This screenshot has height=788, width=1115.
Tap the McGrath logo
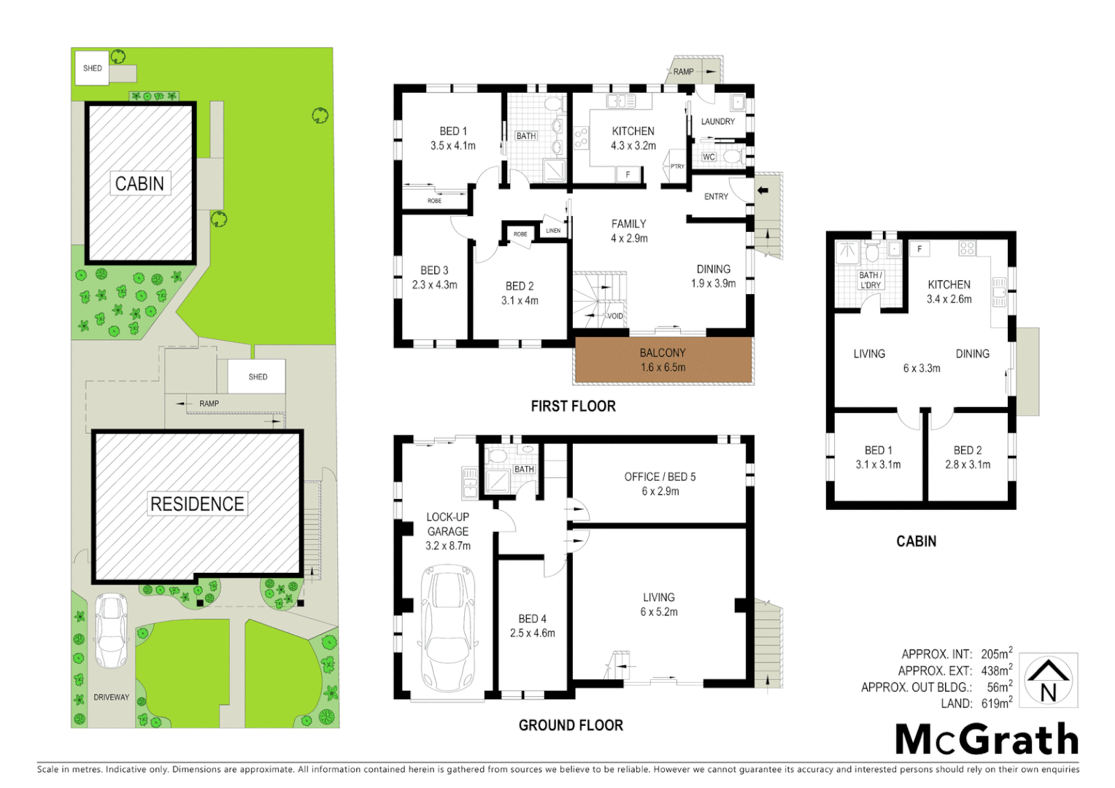(987, 740)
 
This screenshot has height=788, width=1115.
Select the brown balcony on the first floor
(663, 360)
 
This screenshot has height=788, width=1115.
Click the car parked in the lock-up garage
(447, 627)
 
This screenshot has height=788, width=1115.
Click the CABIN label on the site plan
(139, 183)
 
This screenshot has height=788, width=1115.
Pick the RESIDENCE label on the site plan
(197, 503)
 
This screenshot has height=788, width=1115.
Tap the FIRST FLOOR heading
(573, 406)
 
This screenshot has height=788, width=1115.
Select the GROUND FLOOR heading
(571, 725)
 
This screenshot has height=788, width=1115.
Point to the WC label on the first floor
(709, 157)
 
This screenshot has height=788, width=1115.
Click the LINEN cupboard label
(553, 231)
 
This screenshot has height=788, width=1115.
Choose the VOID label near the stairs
(615, 316)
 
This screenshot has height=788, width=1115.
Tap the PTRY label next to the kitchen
(677, 166)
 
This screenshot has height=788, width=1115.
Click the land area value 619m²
(997, 703)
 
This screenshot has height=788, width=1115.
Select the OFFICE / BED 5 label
(660, 476)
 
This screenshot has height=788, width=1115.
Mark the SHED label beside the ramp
(258, 376)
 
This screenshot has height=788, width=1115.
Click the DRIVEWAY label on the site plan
(112, 697)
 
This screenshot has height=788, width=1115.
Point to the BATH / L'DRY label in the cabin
(870, 280)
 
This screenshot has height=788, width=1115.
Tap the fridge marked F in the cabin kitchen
(919, 249)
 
